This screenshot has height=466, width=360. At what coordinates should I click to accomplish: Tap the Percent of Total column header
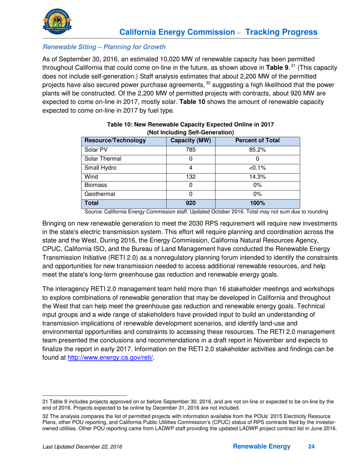[x=257, y=141]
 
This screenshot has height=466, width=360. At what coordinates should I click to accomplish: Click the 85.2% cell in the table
[x=257, y=150]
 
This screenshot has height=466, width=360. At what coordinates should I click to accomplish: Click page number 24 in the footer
[x=311, y=447]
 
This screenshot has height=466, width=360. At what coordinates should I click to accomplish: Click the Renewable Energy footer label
[x=262, y=447]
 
